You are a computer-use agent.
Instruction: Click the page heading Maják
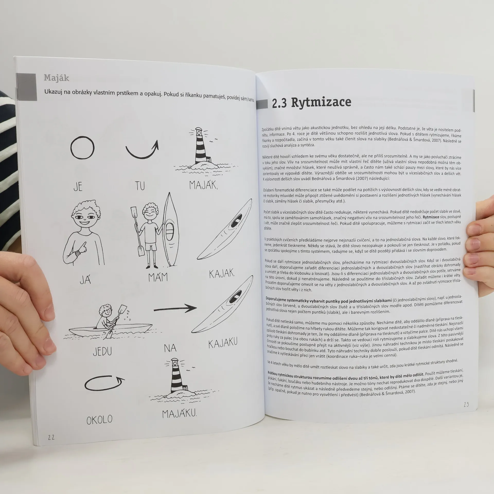pos(56,78)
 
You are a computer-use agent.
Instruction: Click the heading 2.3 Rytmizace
pos(312,102)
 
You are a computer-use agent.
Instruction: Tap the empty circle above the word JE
pos(82,147)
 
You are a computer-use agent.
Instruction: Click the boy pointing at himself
pos(84,233)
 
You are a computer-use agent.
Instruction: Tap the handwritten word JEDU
pos(102,351)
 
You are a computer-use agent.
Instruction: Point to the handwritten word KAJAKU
pos(223,343)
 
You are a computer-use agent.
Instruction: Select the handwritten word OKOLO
pos(100,420)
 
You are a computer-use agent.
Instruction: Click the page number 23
pos(466,404)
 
